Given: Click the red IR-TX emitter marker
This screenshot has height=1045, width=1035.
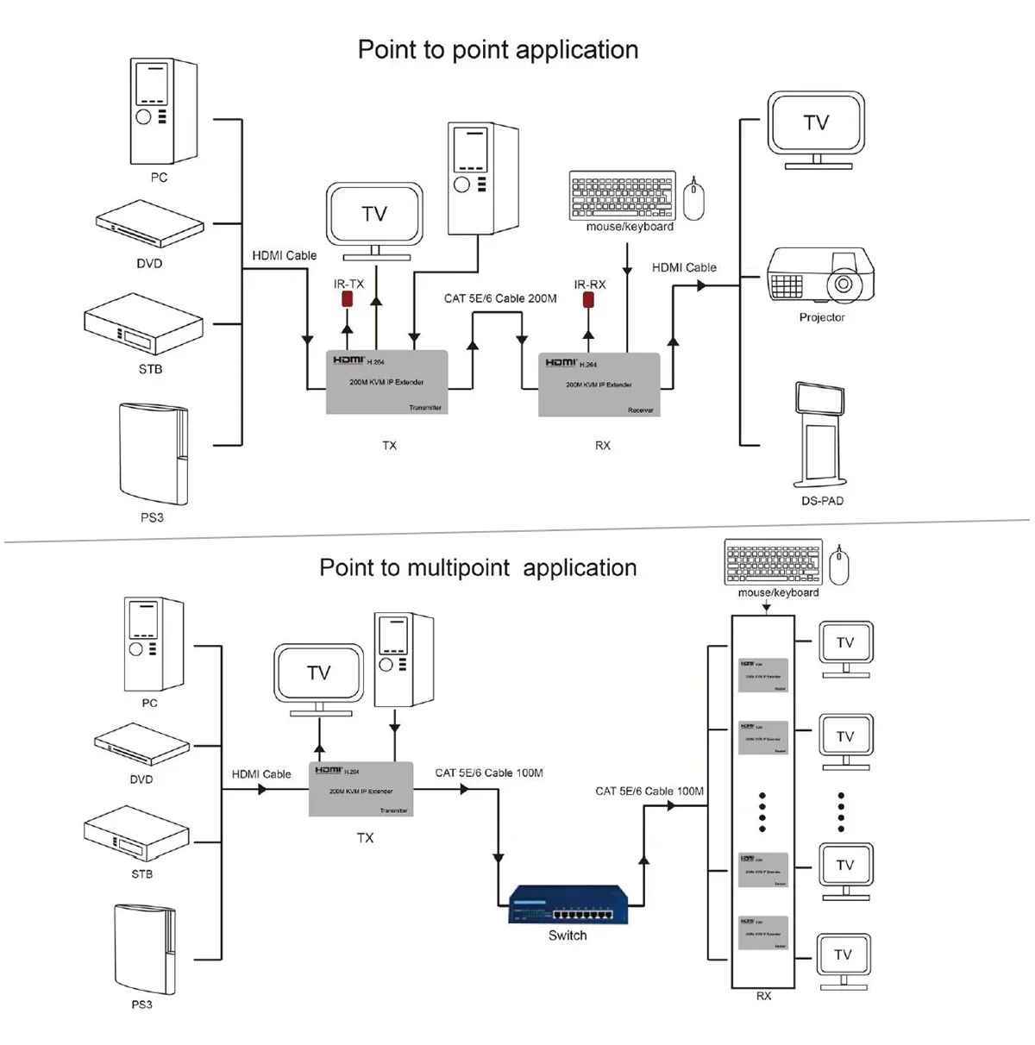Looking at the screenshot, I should tap(348, 299).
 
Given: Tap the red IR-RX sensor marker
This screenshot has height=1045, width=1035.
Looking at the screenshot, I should tap(588, 299).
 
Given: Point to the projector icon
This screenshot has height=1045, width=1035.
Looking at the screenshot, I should tap(820, 276).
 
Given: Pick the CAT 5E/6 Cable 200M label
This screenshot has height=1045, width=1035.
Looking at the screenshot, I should tap(500, 298).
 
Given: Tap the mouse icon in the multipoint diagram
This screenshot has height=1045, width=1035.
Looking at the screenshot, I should tap(838, 566).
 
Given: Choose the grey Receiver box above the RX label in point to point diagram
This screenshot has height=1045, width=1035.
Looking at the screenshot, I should tap(599, 385).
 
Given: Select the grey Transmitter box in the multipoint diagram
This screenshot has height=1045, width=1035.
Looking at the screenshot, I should tap(361, 789).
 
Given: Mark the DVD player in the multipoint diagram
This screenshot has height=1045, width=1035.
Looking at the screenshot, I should tap(141, 743).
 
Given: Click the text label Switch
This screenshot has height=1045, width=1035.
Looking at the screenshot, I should tap(568, 935).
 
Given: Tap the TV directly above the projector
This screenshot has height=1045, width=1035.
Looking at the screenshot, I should tap(816, 130).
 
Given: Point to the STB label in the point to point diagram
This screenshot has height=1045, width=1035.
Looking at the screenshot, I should tap(150, 369).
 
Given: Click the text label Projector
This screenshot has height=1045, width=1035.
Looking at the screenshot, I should tap(821, 317).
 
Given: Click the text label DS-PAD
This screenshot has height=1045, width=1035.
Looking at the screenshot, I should tap(822, 501).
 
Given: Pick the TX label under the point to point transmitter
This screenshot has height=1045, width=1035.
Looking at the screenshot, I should tap(389, 446).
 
